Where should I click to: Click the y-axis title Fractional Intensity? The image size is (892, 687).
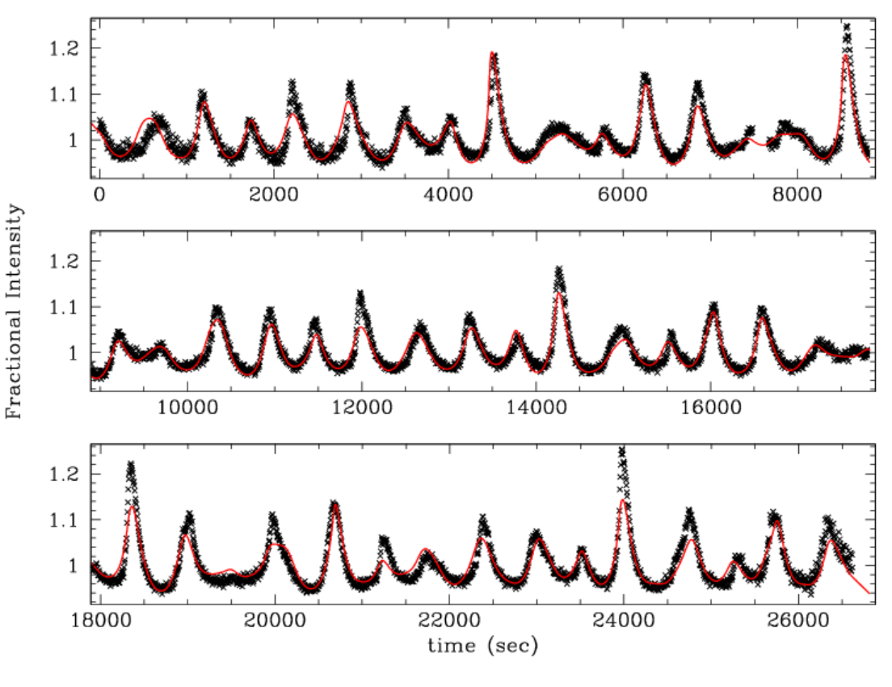pyautogui.click(x=15, y=310)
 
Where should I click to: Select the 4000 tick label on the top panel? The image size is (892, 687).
pyautogui.click(x=448, y=196)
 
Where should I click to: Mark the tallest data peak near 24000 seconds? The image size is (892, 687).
pyautogui.click(x=621, y=450)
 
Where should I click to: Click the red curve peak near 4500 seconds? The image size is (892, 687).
pyautogui.click(x=491, y=53)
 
